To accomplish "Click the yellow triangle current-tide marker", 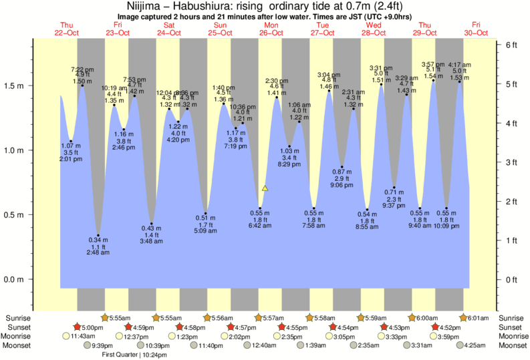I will (x=265, y=189).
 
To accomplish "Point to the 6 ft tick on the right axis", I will (x=498, y=44).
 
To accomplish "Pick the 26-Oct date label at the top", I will (x=271, y=33).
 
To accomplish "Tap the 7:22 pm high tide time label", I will (x=82, y=69).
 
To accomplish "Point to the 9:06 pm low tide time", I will (x=342, y=185).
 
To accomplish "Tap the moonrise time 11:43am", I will (x=84, y=337).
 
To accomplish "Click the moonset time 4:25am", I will (x=476, y=346).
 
